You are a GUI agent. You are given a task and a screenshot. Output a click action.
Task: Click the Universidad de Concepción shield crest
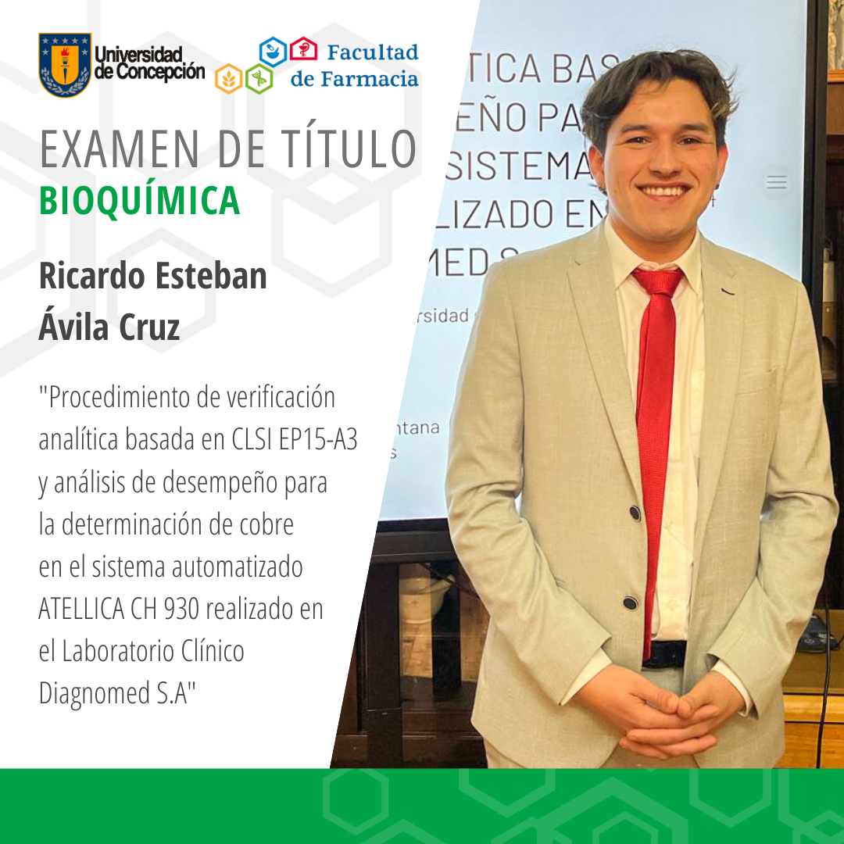click(65, 65)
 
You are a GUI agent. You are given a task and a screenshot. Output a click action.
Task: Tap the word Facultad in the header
click(372, 53)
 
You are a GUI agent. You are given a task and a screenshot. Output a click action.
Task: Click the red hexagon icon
click(303, 50)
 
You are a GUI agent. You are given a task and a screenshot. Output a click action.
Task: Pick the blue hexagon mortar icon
click(273, 52)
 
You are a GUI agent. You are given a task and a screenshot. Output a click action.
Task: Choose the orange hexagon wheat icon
click(229, 78)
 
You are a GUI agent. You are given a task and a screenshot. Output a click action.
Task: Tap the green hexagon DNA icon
click(259, 78)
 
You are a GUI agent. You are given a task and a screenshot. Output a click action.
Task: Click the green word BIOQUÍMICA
click(139, 201)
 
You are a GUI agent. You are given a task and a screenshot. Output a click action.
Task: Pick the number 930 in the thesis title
click(186, 609)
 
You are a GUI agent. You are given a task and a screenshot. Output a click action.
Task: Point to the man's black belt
click(665, 653)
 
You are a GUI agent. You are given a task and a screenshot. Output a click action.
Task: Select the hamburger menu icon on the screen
click(776, 182)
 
